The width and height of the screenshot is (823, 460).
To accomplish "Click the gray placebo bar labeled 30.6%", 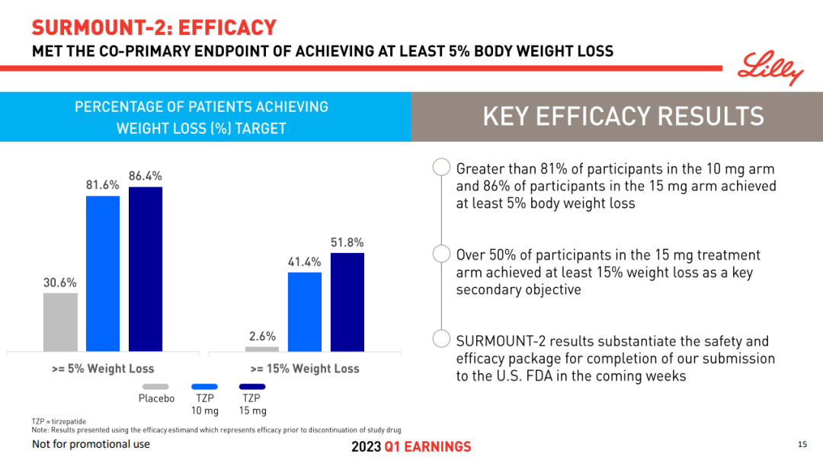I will [60, 321].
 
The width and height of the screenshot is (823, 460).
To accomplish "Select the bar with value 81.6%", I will [103, 273].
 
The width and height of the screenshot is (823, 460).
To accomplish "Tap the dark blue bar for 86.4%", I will [146, 268].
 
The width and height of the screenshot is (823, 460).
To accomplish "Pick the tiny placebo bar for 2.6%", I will [262, 349].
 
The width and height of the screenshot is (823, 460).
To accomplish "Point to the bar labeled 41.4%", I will [305, 311].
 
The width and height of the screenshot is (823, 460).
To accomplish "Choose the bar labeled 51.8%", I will [347, 301].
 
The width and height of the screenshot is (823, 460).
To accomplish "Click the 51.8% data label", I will [347, 242].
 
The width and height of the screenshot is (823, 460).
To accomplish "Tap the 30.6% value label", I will [60, 283].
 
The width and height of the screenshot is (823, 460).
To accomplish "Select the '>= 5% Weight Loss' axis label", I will [103, 369].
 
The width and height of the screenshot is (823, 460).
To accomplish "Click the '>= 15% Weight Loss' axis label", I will [305, 369].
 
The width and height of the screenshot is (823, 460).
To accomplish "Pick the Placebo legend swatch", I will [156, 386].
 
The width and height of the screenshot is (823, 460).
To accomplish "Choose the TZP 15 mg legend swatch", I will [253, 386].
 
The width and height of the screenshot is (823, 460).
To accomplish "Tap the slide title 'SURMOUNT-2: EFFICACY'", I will [154, 28].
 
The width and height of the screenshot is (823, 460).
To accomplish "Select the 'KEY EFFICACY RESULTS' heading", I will [623, 117].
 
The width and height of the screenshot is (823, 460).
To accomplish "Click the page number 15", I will [802, 444].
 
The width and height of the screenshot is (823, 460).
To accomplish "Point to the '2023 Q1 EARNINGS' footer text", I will [411, 447].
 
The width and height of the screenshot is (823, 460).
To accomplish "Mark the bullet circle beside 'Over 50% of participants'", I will [440, 254].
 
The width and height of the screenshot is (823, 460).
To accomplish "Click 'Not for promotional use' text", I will [91, 444].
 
